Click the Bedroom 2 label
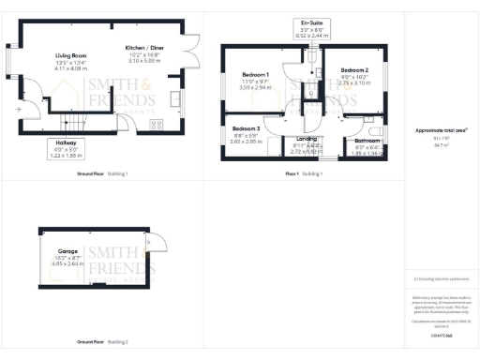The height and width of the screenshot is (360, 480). pyautogui.click(x=354, y=70)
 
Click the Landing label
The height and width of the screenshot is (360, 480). pyautogui.click(x=307, y=140)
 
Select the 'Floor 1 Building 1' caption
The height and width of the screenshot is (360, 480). pyautogui.click(x=304, y=174)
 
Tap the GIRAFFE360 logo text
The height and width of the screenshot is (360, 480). pyautogui.click(x=440, y=333)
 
